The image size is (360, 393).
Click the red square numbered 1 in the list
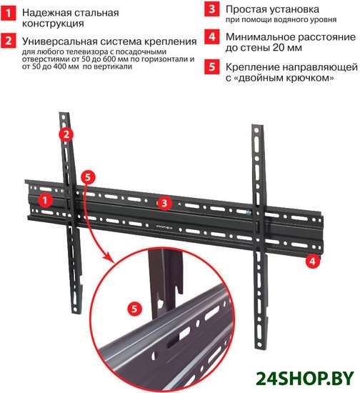point(8,13)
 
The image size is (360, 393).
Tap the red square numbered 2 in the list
point(8,41)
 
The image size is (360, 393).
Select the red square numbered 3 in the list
point(211,9)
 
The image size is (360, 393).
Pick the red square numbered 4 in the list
point(211,37)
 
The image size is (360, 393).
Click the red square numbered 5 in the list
point(211,67)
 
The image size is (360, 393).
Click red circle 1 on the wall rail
point(45,201)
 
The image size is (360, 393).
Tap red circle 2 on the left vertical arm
point(66,134)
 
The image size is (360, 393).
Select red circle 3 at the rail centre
point(164,203)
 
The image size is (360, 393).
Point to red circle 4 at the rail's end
point(312,261)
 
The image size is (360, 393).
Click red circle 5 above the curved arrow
point(88,177)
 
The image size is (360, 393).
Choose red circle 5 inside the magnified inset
point(134,309)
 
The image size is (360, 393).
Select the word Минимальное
point(260,37)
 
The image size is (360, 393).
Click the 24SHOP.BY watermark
point(305,378)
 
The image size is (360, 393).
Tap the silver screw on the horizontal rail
point(249,213)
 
